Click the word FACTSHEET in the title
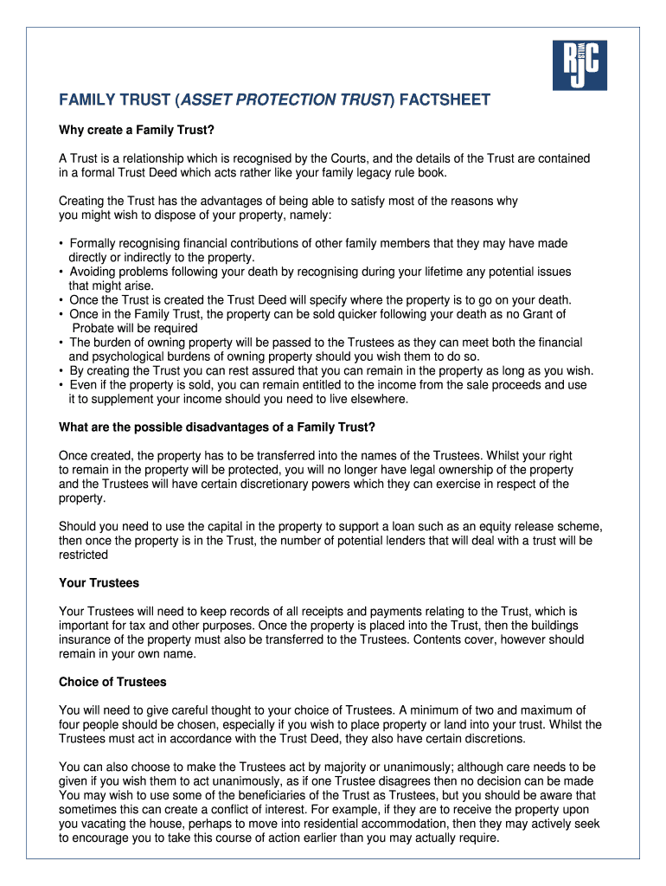coord(444,101)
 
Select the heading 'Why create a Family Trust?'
coord(136,131)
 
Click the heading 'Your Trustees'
coord(99,583)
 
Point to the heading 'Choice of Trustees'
coord(112,682)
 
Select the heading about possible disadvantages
coord(217,427)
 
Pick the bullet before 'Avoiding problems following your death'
coord(61,273)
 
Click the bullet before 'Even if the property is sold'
coord(61,385)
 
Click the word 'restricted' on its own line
coord(83,555)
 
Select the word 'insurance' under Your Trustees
coord(86,639)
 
